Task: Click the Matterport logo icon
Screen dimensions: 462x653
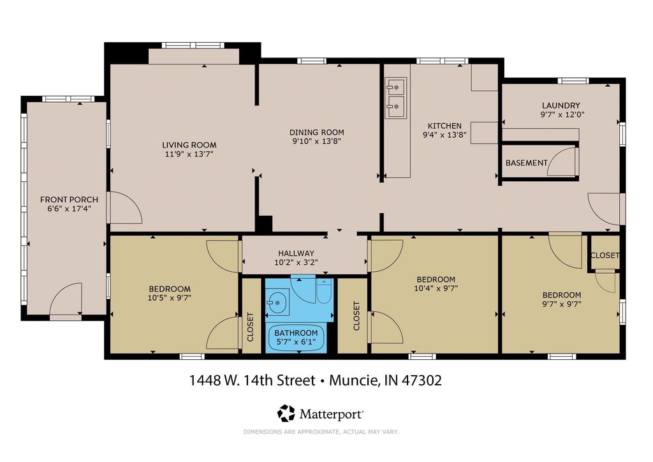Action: (x=286, y=414)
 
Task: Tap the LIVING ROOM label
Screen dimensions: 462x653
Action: (x=189, y=145)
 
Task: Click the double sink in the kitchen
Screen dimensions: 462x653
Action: (x=396, y=94)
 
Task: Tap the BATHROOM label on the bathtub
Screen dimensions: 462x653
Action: (x=296, y=332)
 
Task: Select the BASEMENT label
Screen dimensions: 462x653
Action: (x=526, y=163)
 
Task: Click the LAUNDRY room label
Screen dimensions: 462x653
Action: (x=561, y=106)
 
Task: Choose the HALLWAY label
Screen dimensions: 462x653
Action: (x=296, y=253)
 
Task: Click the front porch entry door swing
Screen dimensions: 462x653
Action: (x=66, y=301)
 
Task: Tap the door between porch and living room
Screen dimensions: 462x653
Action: (x=125, y=208)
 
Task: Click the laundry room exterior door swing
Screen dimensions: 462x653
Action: (x=605, y=208)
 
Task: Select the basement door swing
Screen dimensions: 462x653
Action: (x=562, y=161)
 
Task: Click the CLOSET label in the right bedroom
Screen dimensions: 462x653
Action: (x=605, y=255)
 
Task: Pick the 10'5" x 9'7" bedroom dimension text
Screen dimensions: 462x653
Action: (x=170, y=297)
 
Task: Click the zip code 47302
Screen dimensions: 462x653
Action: (x=421, y=381)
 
